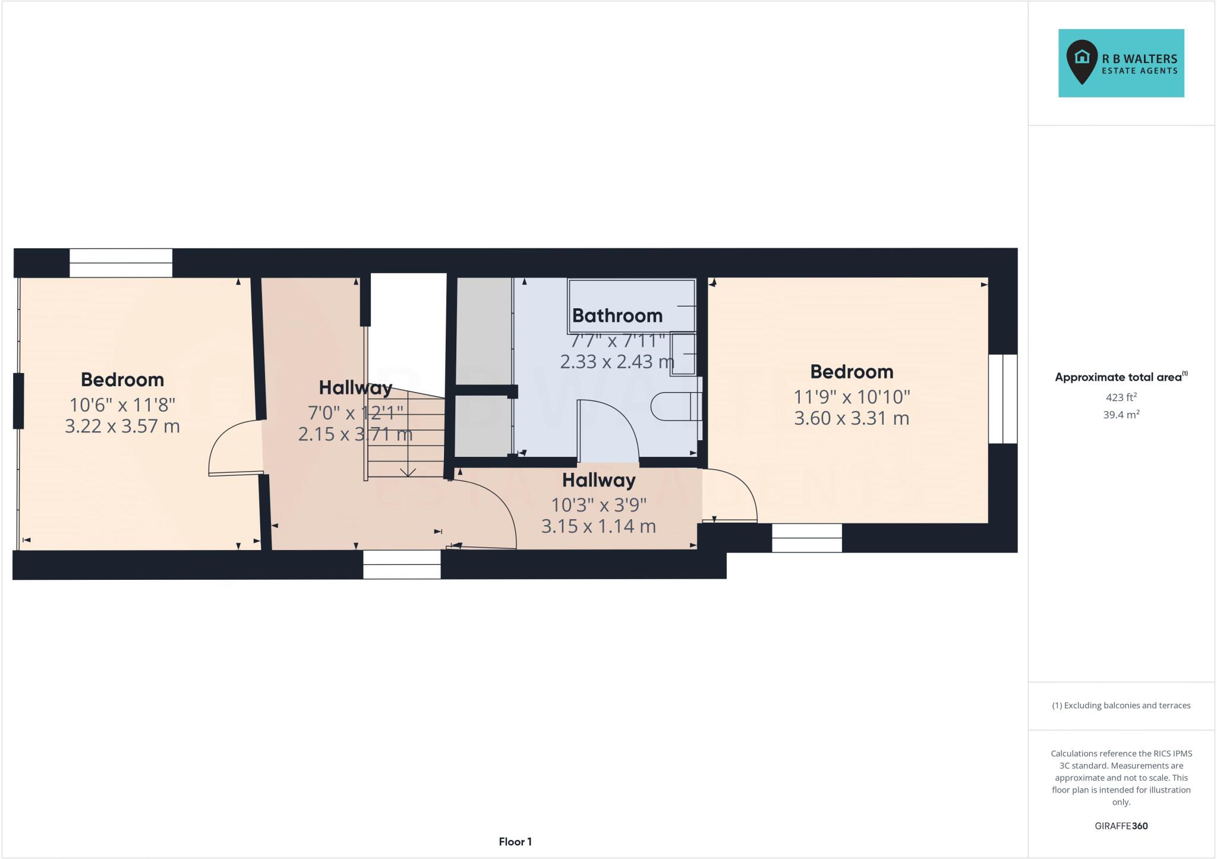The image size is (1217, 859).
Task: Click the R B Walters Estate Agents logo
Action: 1121,63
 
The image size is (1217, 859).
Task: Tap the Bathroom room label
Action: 617,315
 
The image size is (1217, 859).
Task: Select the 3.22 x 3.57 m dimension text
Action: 122,426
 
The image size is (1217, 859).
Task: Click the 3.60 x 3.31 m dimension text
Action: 852,418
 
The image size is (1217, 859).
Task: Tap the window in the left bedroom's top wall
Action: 121,263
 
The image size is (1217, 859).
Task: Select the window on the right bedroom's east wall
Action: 1003,399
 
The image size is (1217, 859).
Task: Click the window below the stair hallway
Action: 402,564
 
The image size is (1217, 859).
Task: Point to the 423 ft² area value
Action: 1121,397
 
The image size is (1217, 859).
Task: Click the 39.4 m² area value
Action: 1121,415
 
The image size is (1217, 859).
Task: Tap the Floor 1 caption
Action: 515,841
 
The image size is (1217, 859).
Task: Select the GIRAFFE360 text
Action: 1121,826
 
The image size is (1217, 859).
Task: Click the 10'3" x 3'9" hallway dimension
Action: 598,504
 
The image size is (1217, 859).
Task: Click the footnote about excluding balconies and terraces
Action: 1121,706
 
